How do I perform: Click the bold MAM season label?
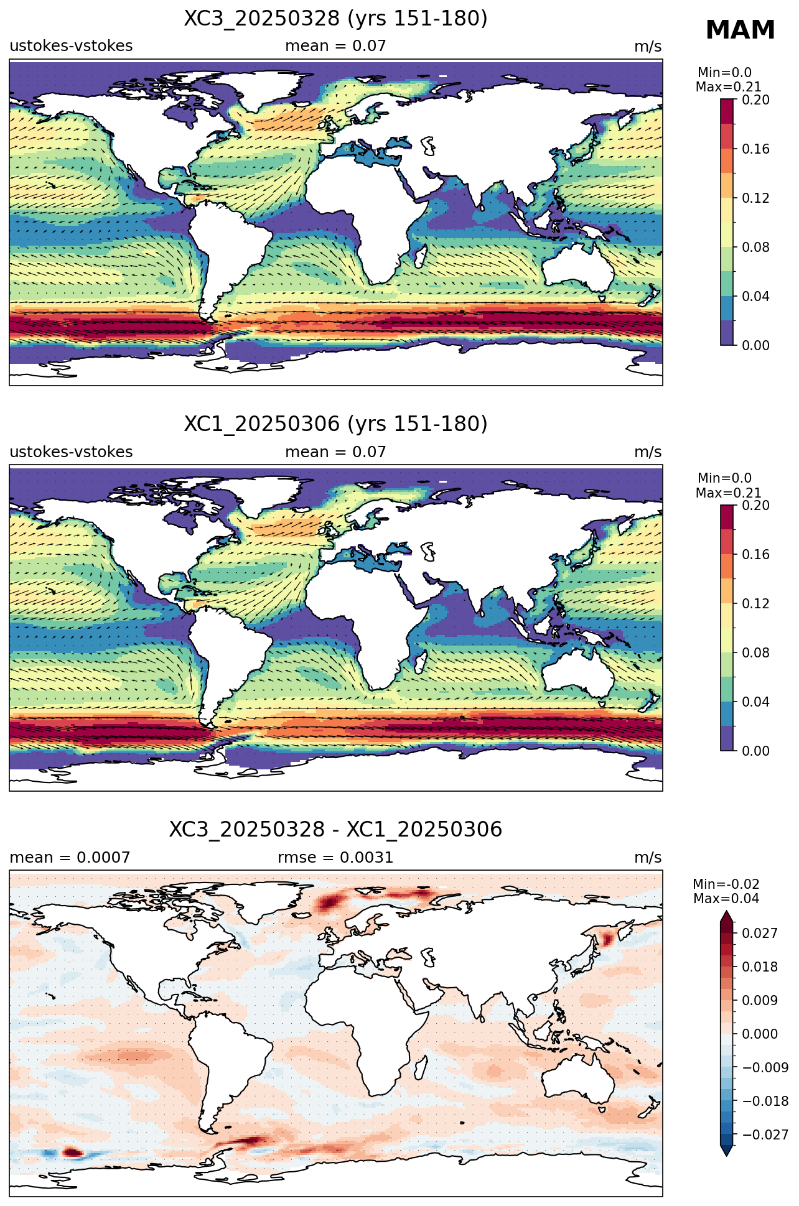click(x=740, y=30)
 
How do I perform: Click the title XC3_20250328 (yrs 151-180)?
click(x=335, y=19)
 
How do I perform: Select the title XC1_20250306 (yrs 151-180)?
click(x=335, y=424)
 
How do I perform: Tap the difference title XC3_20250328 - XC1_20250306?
click(x=335, y=830)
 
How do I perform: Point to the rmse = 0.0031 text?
click(x=335, y=858)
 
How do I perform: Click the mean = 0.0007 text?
click(x=70, y=858)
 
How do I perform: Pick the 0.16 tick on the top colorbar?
click(x=755, y=149)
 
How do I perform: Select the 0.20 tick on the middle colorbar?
click(x=755, y=506)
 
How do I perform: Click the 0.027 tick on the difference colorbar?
click(x=759, y=933)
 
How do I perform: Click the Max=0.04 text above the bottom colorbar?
click(x=726, y=899)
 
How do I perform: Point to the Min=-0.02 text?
click(x=726, y=884)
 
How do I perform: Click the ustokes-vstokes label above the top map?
click(x=71, y=46)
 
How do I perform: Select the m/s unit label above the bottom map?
click(x=648, y=858)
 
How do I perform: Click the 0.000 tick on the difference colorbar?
click(x=759, y=1034)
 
